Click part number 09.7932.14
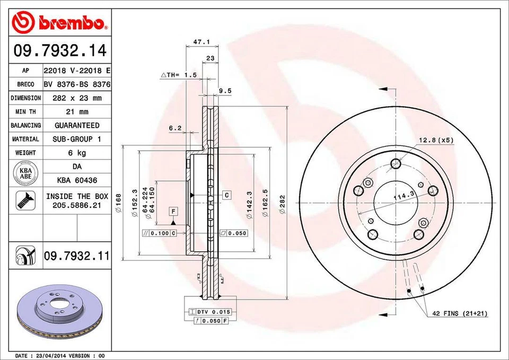pyautogui.click(x=59, y=51)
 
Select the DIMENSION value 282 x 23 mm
pyautogui.click(x=76, y=98)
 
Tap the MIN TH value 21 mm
pyautogui.click(x=76, y=112)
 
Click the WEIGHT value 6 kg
pyautogui.click(x=76, y=153)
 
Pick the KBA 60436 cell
pyautogui.click(x=76, y=180)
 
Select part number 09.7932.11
pyautogui.click(x=76, y=257)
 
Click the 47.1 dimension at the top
pyautogui.click(x=198, y=41)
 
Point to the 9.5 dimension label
pyautogui.click(x=225, y=91)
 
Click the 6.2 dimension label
pyautogui.click(x=175, y=128)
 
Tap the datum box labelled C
pyautogui.click(x=226, y=195)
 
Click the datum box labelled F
pyautogui.click(x=173, y=212)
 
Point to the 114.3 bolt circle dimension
pyautogui.click(x=403, y=197)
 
